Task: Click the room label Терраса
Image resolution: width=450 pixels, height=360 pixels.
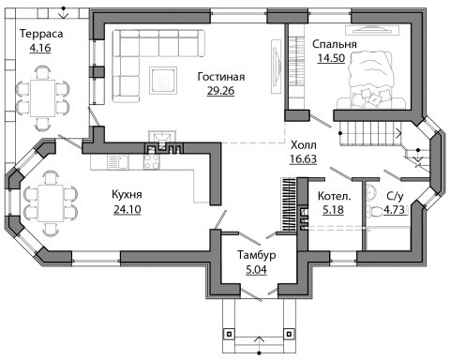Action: click(41, 34)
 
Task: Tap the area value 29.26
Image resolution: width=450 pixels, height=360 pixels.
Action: click(220, 91)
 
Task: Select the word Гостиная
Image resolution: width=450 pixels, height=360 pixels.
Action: click(221, 77)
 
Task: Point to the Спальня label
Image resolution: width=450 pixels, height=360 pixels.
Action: click(335, 44)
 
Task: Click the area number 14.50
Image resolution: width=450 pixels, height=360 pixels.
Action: click(331, 58)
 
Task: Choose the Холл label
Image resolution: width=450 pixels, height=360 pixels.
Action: click(304, 145)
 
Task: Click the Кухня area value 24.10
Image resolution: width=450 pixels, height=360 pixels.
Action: click(127, 209)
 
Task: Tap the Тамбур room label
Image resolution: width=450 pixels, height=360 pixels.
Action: click(257, 255)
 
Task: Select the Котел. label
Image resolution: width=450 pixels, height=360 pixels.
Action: click(334, 196)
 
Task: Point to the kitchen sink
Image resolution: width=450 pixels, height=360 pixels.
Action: click(118, 162)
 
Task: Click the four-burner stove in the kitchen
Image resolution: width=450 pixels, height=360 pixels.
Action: click(152, 162)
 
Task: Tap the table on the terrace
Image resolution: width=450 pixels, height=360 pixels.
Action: click(42, 98)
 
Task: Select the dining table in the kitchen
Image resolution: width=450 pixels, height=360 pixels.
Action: click(51, 202)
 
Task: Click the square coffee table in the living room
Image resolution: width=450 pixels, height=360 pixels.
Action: click(163, 80)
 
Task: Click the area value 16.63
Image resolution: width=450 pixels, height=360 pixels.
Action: click(303, 159)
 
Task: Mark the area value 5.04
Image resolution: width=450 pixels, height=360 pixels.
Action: click(257, 269)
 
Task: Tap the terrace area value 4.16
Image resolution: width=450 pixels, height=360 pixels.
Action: click(40, 49)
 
